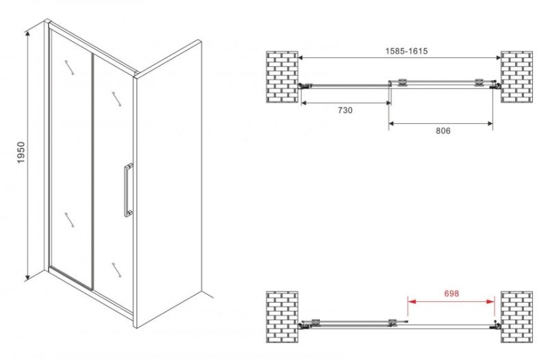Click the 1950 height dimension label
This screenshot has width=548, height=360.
(21, 153)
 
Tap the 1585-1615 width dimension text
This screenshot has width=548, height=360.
(406, 51)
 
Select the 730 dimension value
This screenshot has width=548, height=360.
(345, 110)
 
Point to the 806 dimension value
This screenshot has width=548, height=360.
(443, 131)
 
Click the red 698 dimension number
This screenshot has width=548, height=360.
(451, 294)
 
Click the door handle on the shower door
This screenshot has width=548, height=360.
(128, 190)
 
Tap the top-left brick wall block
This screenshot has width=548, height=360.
(282, 77)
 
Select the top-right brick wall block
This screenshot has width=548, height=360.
(517, 77)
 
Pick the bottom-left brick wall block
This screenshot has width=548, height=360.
(282, 317)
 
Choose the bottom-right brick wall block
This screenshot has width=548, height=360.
(517, 317)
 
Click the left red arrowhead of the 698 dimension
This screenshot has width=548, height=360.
(412, 301)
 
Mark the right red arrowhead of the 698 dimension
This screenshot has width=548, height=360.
(490, 301)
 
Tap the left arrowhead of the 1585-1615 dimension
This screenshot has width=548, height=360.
(302, 58)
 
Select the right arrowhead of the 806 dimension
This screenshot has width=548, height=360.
(489, 123)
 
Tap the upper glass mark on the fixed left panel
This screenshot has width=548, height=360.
(69, 67)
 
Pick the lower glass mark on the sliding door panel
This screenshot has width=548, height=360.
(116, 270)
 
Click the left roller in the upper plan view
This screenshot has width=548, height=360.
(403, 81)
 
